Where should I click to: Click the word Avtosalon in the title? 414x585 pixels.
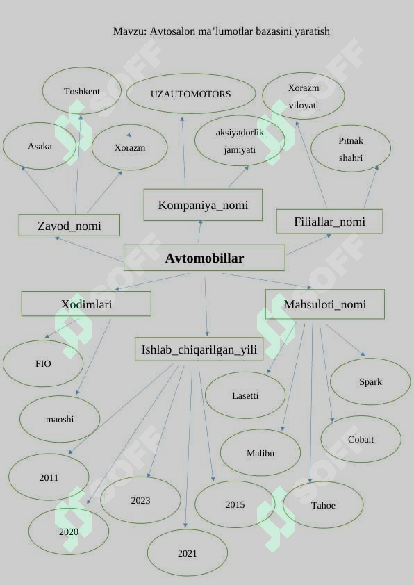[172, 31]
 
